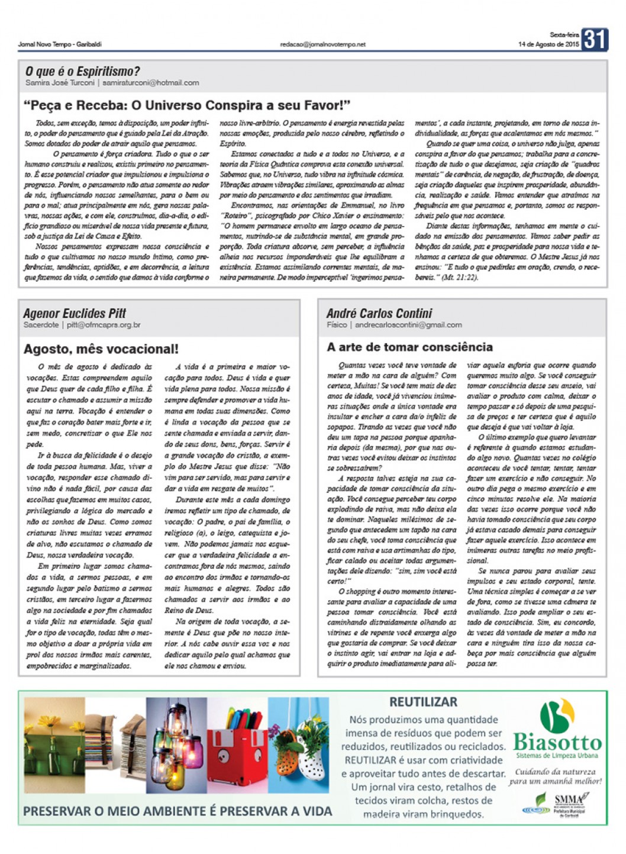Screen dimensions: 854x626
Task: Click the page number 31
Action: tap(595, 40)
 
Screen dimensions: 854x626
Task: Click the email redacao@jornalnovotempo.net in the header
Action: tap(322, 44)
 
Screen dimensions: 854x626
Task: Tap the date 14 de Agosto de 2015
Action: tap(548, 44)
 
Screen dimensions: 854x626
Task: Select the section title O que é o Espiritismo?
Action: tap(82, 72)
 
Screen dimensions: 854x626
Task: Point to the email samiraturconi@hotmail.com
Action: tap(151, 83)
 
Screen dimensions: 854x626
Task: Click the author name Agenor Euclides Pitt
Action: tap(75, 313)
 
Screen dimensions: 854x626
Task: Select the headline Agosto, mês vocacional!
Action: tap(101, 349)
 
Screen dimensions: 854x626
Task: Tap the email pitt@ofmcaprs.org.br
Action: tap(104, 325)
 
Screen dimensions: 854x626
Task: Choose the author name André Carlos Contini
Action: tap(379, 313)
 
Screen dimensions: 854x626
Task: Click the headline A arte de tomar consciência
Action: tap(409, 347)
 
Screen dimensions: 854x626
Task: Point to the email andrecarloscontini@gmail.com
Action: tap(408, 325)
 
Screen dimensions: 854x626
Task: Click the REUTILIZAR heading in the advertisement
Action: tap(423, 702)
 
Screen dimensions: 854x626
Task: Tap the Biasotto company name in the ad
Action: tap(557, 742)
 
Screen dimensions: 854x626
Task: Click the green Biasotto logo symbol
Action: tap(557, 716)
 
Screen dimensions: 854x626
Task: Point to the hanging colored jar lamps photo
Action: tap(175, 746)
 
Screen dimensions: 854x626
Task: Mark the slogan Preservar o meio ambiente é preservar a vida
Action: tap(178, 811)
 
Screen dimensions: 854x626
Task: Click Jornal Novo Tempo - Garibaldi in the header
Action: tap(60, 44)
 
